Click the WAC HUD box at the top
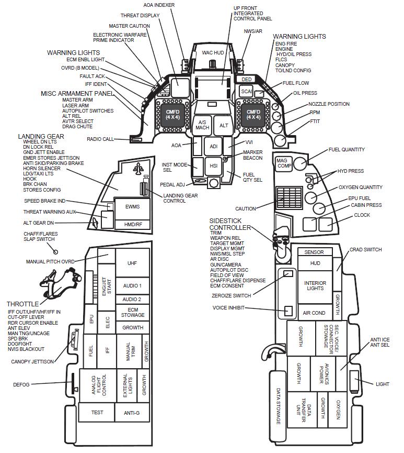[x=213, y=53]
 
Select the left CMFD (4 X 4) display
[x=172, y=114]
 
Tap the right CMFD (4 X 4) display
[x=253, y=114]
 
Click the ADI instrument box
[x=213, y=146]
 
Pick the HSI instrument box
[x=213, y=165]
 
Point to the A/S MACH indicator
[x=202, y=126]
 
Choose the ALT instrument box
[x=224, y=126]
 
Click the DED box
[x=247, y=80]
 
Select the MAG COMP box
[x=283, y=163]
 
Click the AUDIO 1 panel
[x=132, y=285]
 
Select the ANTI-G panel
[x=132, y=413]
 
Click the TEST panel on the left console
[x=97, y=413]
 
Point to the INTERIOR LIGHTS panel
[x=315, y=286]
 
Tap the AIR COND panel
[x=315, y=313]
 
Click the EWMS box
[x=133, y=206]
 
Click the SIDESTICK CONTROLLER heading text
[x=230, y=224]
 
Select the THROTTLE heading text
[x=23, y=304]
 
